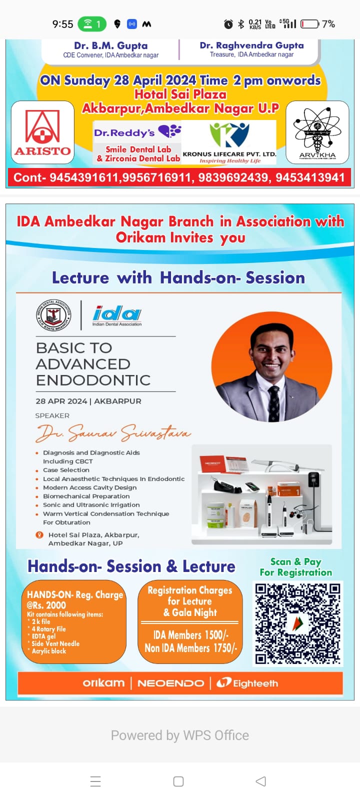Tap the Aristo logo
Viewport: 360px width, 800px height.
pyautogui.click(x=42, y=132)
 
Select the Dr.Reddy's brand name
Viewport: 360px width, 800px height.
pyautogui.click(x=124, y=133)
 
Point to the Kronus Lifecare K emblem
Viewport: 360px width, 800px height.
pyautogui.click(x=229, y=135)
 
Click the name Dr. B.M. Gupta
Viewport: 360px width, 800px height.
pyautogui.click(x=110, y=45)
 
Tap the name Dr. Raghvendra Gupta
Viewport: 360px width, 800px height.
pyautogui.click(x=252, y=45)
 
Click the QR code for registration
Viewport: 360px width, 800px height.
pyautogui.click(x=298, y=623)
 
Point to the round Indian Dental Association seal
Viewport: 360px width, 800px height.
pyautogui.click(x=53, y=314)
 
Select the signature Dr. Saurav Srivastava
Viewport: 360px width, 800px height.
pyautogui.click(x=113, y=433)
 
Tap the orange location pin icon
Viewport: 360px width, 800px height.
pyautogui.click(x=39, y=534)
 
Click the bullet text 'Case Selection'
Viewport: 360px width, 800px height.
pyautogui.click(x=66, y=470)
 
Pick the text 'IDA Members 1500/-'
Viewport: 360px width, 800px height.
pyautogui.click(x=190, y=634)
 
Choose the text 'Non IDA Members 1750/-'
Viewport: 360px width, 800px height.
pyautogui.click(x=190, y=648)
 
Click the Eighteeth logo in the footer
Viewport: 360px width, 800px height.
pyautogui.click(x=247, y=683)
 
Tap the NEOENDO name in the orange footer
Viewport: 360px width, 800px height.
pyautogui.click(x=170, y=683)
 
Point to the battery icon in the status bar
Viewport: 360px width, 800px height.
pyautogui.click(x=310, y=24)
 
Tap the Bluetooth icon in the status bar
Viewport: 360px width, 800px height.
pyautogui.click(x=241, y=24)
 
